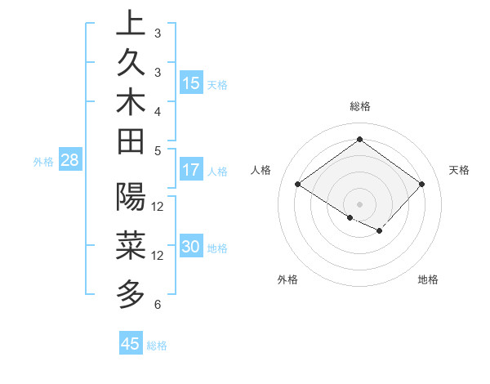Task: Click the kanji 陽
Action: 131,196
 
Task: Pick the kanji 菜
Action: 131,244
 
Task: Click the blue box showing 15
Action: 191,83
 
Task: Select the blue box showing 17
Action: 191,170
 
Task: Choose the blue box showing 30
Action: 191,247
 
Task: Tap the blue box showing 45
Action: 131,343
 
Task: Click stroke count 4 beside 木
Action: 158,110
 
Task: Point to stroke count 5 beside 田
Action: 158,150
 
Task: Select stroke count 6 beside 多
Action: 158,305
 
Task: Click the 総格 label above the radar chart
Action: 360,106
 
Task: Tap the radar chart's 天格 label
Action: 460,170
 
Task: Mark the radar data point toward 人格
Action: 298,185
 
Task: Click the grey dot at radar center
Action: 359,203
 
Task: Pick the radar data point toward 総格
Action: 359,139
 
